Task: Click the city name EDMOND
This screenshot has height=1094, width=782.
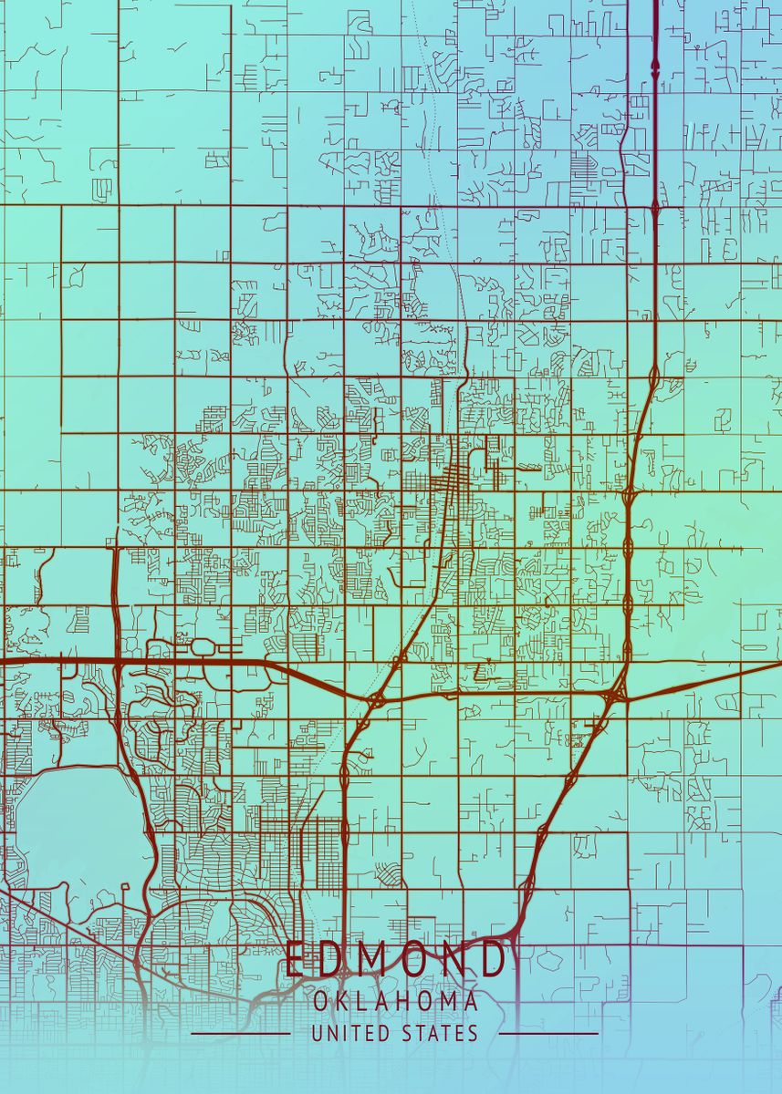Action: pyautogui.click(x=395, y=960)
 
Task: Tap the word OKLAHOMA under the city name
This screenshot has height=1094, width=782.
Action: pyautogui.click(x=395, y=1002)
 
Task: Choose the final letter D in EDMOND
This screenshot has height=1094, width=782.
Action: pyautogui.click(x=493, y=960)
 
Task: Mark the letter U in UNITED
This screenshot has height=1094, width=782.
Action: pyautogui.click(x=316, y=1034)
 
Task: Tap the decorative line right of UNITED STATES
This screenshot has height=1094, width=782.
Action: pyautogui.click(x=549, y=1034)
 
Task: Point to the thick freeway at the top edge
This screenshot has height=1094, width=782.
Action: pyautogui.click(x=655, y=27)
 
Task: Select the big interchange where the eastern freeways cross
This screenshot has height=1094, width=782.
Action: pyautogui.click(x=613, y=696)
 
